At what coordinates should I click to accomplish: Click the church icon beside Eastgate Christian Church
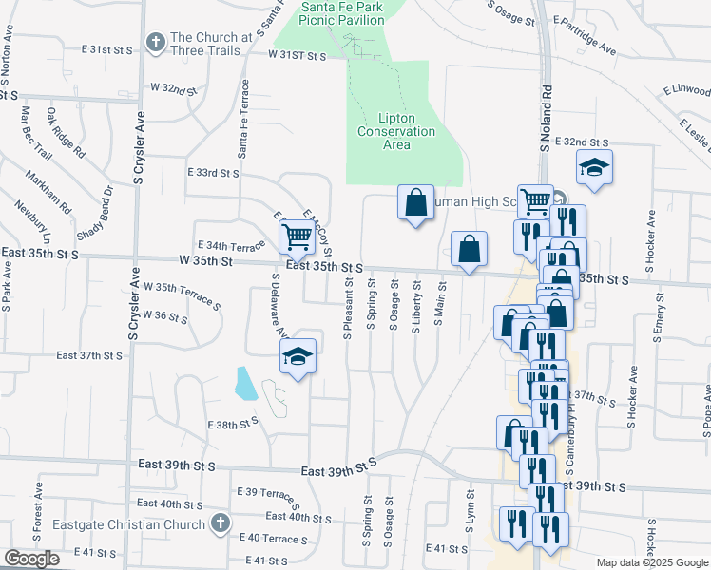[x=220, y=523]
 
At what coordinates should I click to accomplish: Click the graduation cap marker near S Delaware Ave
[x=298, y=356]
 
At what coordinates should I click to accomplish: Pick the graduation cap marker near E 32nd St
[x=594, y=167]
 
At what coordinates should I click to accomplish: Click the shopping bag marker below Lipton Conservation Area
[x=415, y=202]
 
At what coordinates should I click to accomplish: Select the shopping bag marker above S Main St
[x=469, y=250]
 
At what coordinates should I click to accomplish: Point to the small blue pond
[x=244, y=383]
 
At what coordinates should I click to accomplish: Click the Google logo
[x=31, y=559]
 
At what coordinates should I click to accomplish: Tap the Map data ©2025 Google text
[x=652, y=562]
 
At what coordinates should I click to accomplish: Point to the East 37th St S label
[x=89, y=355]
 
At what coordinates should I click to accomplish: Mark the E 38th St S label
[x=233, y=424]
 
